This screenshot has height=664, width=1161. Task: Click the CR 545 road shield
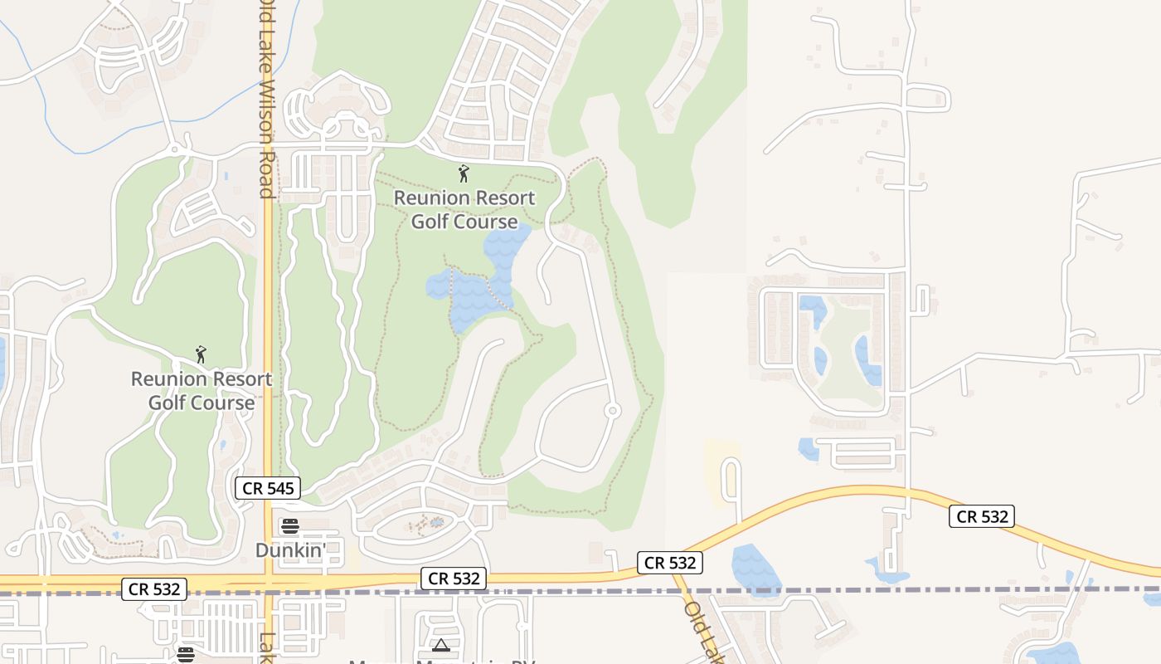tap(267, 488)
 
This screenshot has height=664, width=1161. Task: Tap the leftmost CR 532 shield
tap(154, 589)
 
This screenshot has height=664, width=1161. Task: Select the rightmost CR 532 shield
tap(983, 516)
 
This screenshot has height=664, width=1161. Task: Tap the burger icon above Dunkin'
tap(289, 525)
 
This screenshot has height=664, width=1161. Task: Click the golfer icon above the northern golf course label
tap(464, 173)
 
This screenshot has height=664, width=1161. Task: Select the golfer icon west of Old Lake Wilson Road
tap(201, 354)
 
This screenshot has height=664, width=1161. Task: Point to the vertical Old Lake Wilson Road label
tap(265, 100)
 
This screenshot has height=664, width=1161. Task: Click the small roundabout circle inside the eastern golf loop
tap(612, 410)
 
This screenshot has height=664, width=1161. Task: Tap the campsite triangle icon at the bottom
tap(440, 645)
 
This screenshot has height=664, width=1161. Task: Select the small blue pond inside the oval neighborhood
tap(436, 523)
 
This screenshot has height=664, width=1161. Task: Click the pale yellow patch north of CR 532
tap(721, 465)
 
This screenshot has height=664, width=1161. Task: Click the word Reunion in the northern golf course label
tap(428, 198)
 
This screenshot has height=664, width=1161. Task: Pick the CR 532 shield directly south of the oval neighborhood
tap(453, 579)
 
